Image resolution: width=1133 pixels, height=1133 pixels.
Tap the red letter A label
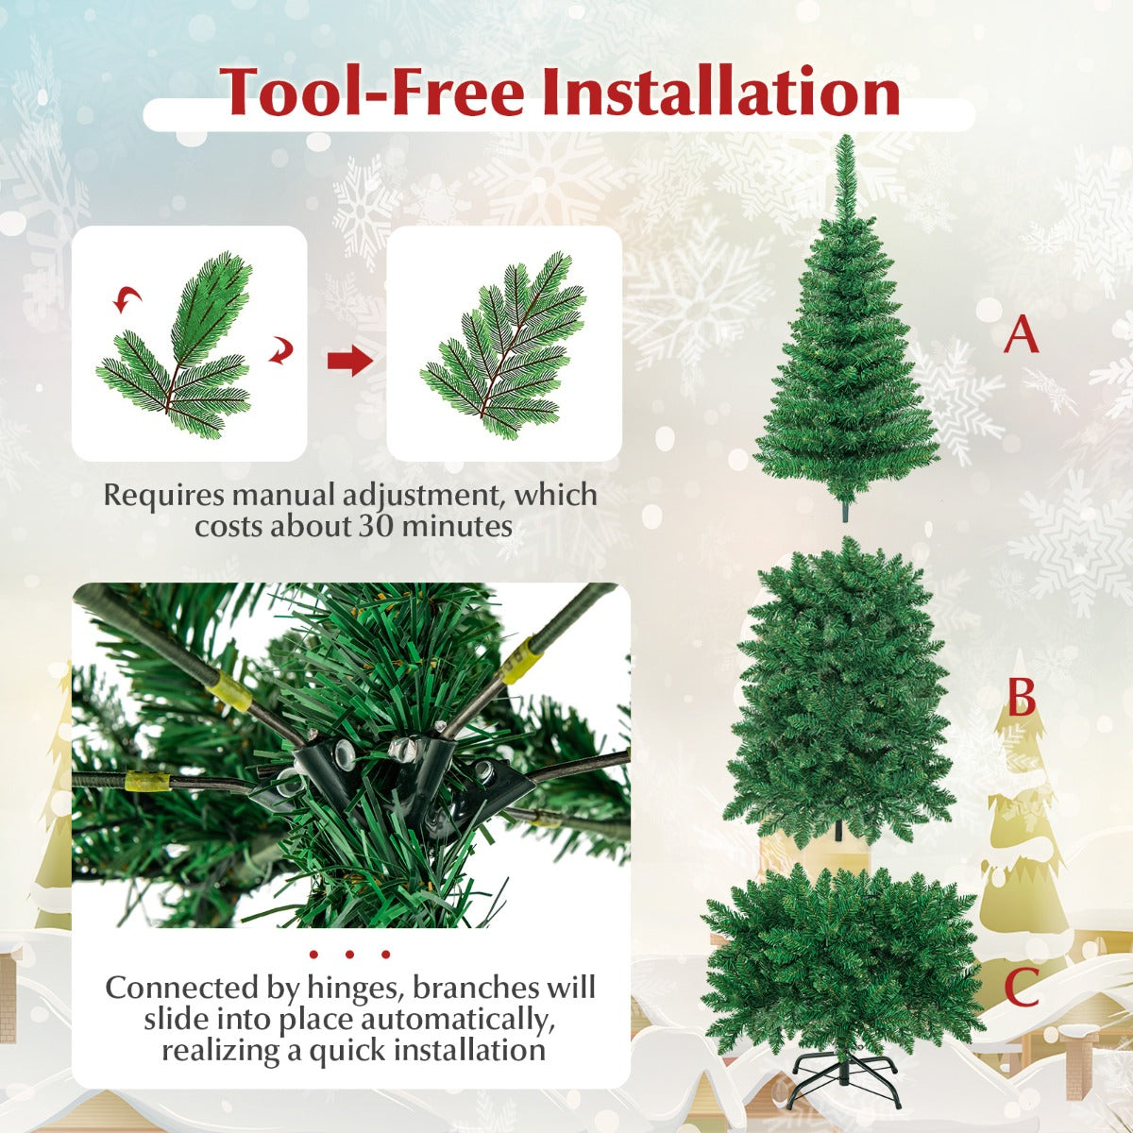coord(1022,333)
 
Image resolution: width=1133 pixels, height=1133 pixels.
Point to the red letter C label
coord(1022,987)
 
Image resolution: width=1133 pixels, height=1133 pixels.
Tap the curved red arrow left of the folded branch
coord(127,299)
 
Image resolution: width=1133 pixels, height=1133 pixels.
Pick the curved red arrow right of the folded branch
coord(280,351)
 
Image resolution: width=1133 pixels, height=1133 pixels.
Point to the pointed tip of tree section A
coord(846,136)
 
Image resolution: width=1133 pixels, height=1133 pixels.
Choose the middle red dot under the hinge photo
coord(349,955)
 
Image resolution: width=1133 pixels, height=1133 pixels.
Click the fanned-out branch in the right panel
coord(504,347)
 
